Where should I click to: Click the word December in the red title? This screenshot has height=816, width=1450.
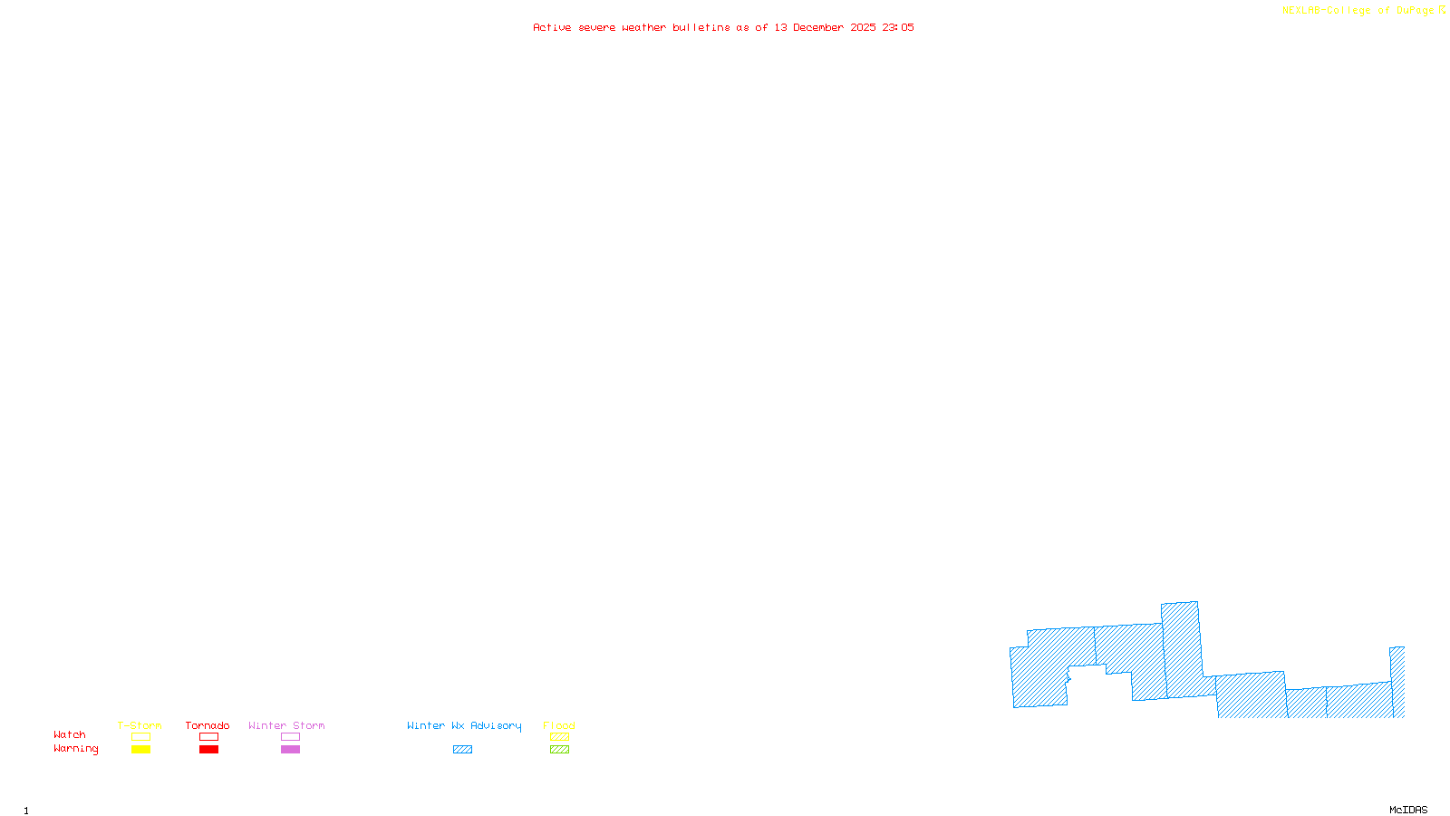[x=818, y=27]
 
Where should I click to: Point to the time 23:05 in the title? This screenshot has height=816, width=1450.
[x=898, y=27]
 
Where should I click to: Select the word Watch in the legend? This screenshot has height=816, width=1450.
[x=70, y=735]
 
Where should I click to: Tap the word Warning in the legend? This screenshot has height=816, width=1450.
[x=76, y=749]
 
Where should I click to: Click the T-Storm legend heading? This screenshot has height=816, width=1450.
[x=140, y=725]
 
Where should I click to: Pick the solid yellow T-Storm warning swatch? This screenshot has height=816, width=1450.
[x=140, y=750]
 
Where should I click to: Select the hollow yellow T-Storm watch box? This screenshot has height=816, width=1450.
[x=140, y=737]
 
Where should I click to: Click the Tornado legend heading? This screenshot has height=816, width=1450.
[x=208, y=725]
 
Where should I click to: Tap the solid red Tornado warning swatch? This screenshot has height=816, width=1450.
[x=209, y=750]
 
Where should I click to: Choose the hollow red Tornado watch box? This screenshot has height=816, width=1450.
[x=209, y=737]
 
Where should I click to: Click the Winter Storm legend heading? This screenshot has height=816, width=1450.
[x=286, y=725]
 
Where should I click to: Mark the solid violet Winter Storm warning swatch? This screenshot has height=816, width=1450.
[x=290, y=750]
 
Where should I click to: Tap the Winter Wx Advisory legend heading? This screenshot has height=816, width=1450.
[x=464, y=725]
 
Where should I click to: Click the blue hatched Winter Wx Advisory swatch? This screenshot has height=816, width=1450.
[x=462, y=750]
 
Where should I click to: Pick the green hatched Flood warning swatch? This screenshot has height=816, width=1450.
[x=560, y=750]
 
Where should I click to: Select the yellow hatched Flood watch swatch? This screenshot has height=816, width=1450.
[x=560, y=737]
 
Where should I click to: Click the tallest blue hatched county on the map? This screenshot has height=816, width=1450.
[x=1183, y=649]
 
